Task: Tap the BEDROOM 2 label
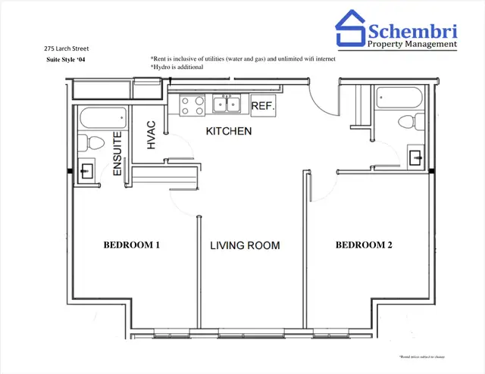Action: (365, 245)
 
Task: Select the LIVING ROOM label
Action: (245, 246)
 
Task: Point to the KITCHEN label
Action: (229, 132)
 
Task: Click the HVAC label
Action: (152, 134)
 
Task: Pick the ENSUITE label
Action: (117, 154)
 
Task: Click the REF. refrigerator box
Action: (262, 106)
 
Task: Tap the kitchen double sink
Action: (227, 104)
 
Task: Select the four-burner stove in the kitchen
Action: (192, 104)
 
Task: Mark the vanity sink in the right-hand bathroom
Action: (416, 156)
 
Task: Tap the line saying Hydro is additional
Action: (177, 67)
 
